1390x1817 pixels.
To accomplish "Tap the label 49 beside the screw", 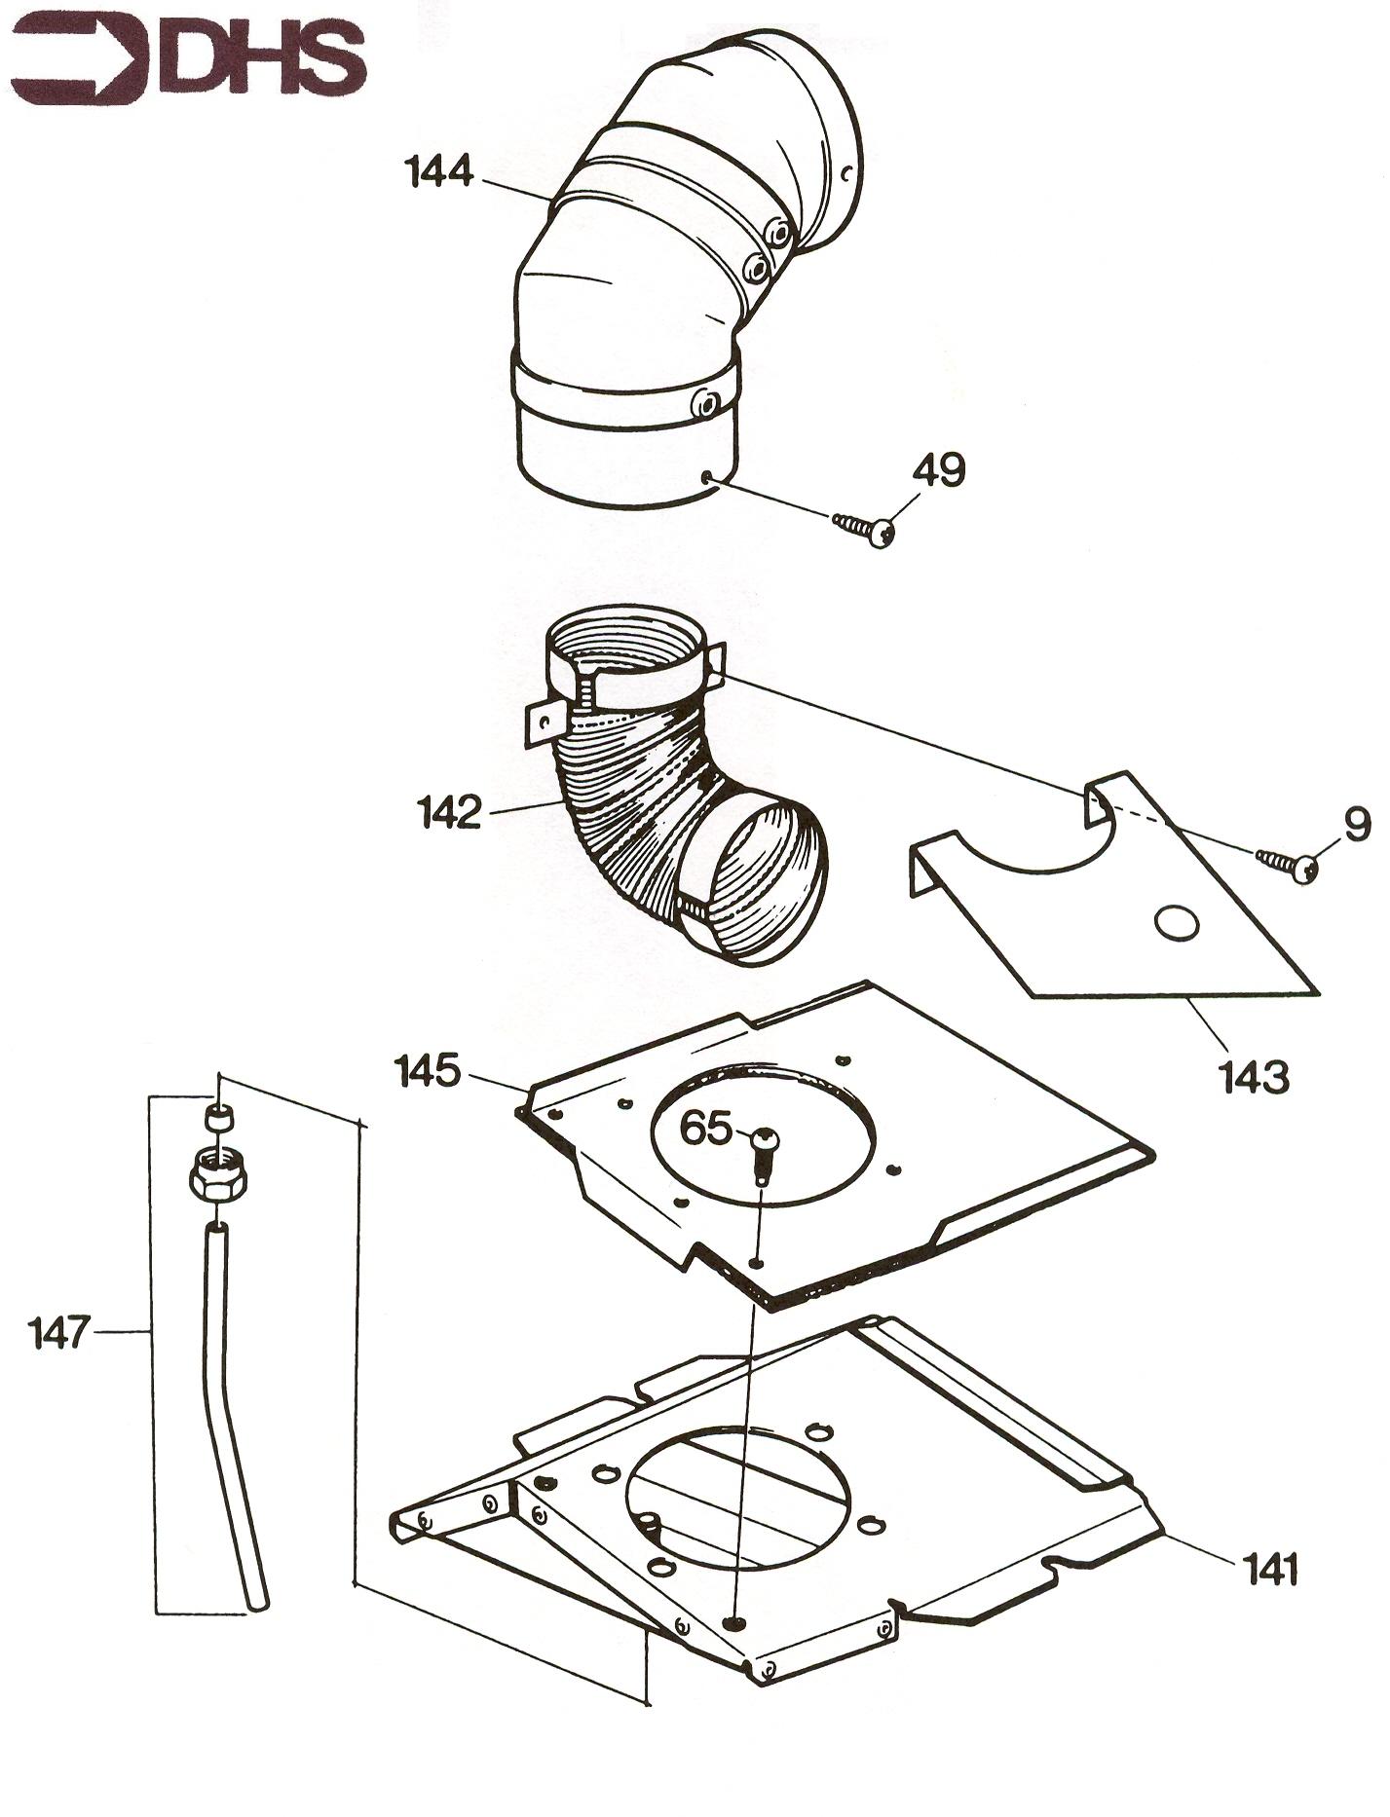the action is (x=938, y=469).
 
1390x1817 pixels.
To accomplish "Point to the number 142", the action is (x=450, y=812).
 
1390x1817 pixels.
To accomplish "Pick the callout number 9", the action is (x=1357, y=825).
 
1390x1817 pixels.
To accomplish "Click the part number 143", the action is (x=1253, y=1078).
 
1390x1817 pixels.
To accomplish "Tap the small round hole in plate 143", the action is (x=1178, y=922).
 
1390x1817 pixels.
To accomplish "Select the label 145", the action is (x=427, y=1072).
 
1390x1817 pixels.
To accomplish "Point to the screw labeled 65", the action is (x=765, y=1155).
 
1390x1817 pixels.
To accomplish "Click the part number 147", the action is (x=59, y=1332).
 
